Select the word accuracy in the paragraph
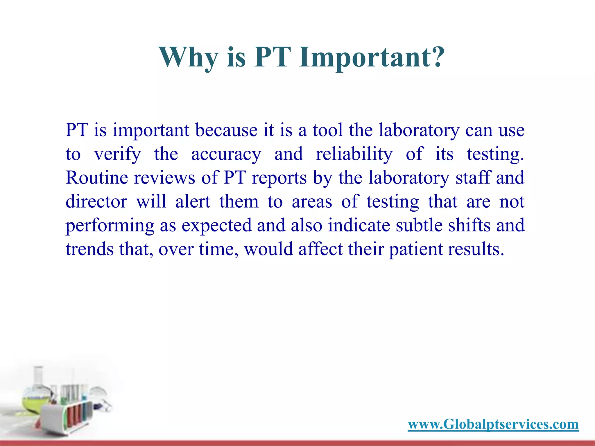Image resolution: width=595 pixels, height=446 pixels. pyautogui.click(x=226, y=154)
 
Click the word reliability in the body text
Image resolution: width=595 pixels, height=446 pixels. pyautogui.click(x=354, y=154)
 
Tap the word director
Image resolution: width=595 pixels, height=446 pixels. pyautogui.click(x=96, y=202)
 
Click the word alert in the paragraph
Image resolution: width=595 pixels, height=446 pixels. pyautogui.click(x=193, y=202)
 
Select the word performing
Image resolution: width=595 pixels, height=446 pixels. pyautogui.click(x=110, y=226)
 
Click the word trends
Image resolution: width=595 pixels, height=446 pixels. pyautogui.click(x=89, y=249)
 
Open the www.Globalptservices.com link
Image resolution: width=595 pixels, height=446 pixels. pyautogui.click(x=493, y=424)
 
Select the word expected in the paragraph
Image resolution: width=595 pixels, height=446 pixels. pyautogui.click(x=216, y=226)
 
